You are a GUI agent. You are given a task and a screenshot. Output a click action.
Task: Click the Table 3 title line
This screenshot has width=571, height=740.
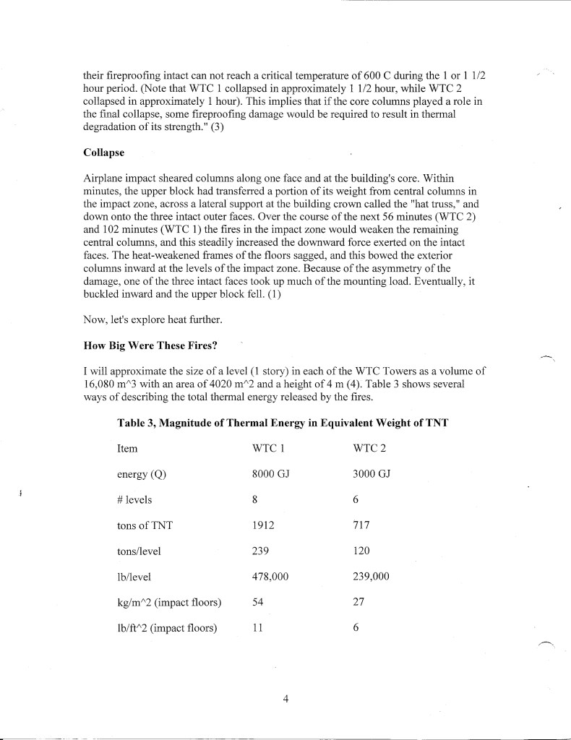click(x=283, y=423)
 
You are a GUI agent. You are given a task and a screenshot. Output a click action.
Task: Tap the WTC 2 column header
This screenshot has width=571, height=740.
click(x=370, y=449)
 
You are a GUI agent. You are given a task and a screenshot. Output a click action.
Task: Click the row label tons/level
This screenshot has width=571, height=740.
click(x=139, y=551)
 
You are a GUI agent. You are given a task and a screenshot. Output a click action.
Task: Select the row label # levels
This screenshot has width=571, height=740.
click(x=134, y=500)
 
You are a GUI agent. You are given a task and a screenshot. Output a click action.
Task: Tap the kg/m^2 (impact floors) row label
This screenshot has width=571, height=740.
click(x=168, y=602)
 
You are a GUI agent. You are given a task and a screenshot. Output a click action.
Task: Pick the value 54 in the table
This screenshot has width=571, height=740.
click(x=258, y=602)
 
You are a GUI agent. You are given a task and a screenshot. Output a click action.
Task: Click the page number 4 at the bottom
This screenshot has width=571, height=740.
click(x=286, y=699)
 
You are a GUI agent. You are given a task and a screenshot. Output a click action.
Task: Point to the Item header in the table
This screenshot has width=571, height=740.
click(x=127, y=449)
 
